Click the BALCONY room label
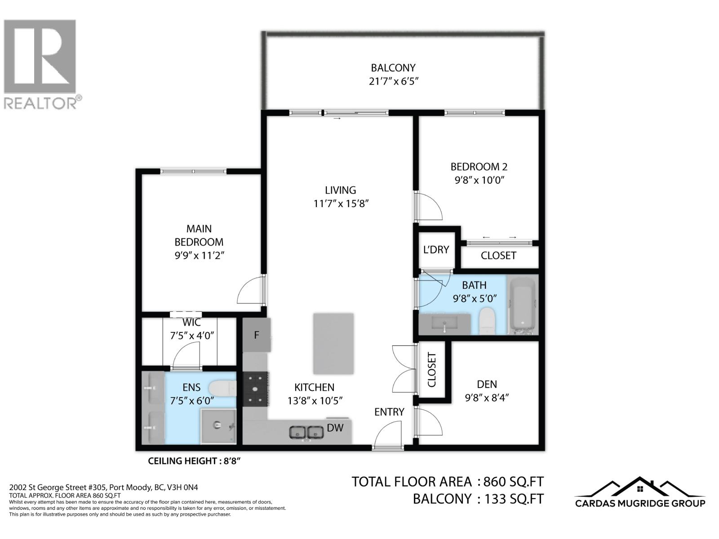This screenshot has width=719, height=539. pos(393,68)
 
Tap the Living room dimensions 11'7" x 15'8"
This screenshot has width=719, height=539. pos(341,203)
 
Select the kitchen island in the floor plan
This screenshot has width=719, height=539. pos(333,344)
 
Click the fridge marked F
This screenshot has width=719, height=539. pos(257,335)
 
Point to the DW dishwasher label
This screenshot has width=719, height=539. pos(335,428)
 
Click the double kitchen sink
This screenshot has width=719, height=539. pos(307,433)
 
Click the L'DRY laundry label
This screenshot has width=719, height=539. pos(436,250)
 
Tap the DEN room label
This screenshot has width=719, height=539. pos(487,384)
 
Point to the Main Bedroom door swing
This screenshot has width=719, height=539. pos(250,291)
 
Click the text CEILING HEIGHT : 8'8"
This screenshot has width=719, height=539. pos(197,461)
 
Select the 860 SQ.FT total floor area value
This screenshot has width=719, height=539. pos(513,482)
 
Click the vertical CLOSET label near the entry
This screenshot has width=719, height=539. pos(432,370)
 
